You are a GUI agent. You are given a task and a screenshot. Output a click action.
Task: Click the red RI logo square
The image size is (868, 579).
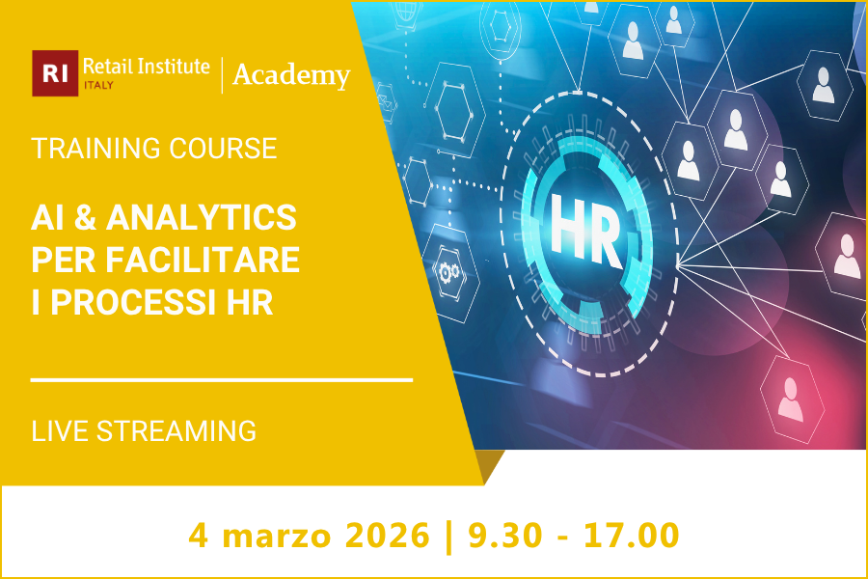point(54,73)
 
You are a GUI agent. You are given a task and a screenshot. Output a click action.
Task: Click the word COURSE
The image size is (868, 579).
point(230,149)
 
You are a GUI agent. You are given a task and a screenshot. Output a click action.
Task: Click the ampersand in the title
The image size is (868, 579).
point(85,218)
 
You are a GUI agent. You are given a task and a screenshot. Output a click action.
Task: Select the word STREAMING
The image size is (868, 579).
point(176,430)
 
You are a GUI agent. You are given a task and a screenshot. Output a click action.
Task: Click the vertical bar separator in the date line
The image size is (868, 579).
point(448,534)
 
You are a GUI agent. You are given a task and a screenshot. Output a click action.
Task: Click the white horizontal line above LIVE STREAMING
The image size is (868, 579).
point(222,380)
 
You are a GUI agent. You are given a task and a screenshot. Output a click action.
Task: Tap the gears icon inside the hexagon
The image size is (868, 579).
point(449,272)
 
